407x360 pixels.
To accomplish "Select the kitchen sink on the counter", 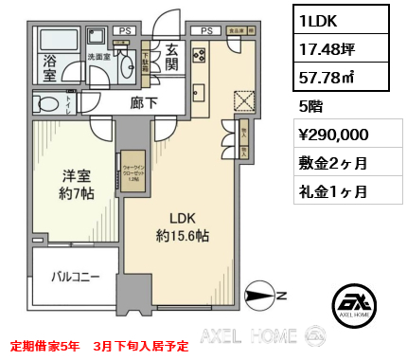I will click(x=198, y=92).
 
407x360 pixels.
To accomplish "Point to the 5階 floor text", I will click(x=311, y=107).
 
